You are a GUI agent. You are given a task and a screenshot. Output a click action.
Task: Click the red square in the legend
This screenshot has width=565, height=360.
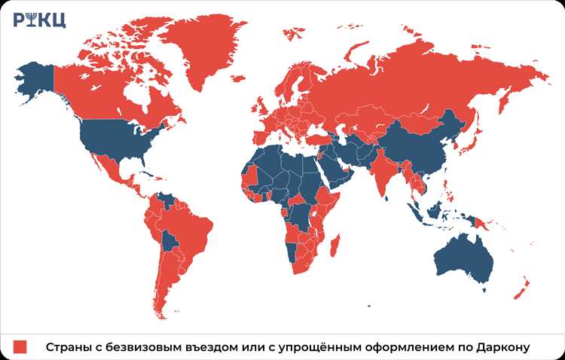tap(20, 346)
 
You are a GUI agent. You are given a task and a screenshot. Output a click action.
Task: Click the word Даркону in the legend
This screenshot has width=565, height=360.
tap(503, 346)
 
